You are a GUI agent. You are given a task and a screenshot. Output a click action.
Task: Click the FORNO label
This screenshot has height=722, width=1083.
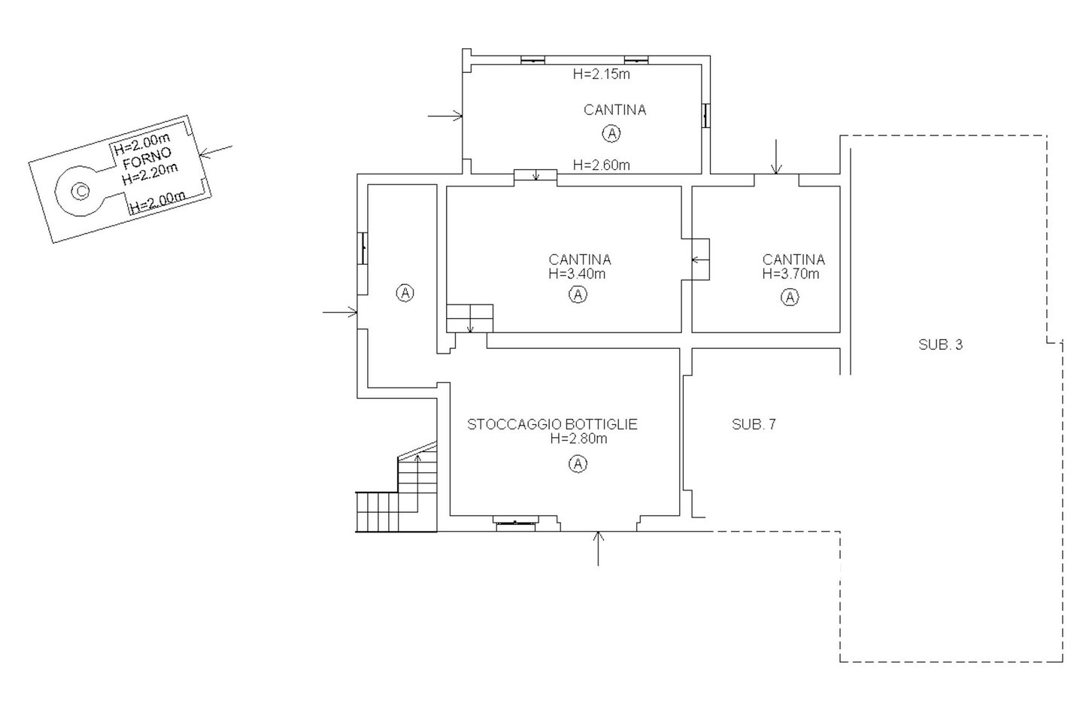point(147,158)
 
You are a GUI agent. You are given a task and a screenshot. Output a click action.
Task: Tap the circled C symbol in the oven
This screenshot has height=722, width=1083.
point(80,191)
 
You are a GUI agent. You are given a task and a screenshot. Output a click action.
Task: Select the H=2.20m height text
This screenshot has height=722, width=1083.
point(150,174)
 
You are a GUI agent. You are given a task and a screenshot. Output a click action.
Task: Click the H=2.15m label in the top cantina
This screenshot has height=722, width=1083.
point(602,74)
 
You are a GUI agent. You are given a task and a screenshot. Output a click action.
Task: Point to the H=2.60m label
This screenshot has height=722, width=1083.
point(602,165)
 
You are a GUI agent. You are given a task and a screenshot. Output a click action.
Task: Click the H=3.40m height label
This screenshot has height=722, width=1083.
point(577,274)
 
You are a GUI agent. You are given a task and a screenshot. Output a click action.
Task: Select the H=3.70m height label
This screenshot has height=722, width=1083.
point(790,274)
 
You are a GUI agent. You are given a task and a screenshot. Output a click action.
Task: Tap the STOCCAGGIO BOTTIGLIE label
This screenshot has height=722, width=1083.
point(552,424)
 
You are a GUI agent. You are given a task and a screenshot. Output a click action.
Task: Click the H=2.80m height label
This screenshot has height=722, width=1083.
point(578,438)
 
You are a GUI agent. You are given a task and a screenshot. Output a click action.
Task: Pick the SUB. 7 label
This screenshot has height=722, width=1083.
point(754,424)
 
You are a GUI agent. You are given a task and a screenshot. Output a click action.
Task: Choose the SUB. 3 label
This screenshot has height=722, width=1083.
point(940,344)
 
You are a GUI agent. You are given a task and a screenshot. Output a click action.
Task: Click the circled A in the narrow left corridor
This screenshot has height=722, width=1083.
point(405,293)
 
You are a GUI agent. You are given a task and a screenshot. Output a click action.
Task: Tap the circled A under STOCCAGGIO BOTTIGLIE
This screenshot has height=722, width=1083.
point(578,464)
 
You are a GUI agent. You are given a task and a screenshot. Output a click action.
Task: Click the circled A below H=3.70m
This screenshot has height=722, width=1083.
point(790,297)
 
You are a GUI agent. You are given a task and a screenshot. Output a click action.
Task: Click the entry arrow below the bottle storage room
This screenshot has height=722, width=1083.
point(598,548)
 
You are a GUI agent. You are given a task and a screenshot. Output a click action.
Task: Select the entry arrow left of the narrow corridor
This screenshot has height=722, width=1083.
point(340,312)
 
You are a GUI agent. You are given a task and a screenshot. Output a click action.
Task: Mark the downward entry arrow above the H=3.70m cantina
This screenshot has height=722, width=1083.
point(776,156)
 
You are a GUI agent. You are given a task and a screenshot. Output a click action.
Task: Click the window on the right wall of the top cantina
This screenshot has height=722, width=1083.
point(706,116)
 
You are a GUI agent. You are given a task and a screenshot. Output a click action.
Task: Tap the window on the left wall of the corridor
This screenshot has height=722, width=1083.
point(363,248)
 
